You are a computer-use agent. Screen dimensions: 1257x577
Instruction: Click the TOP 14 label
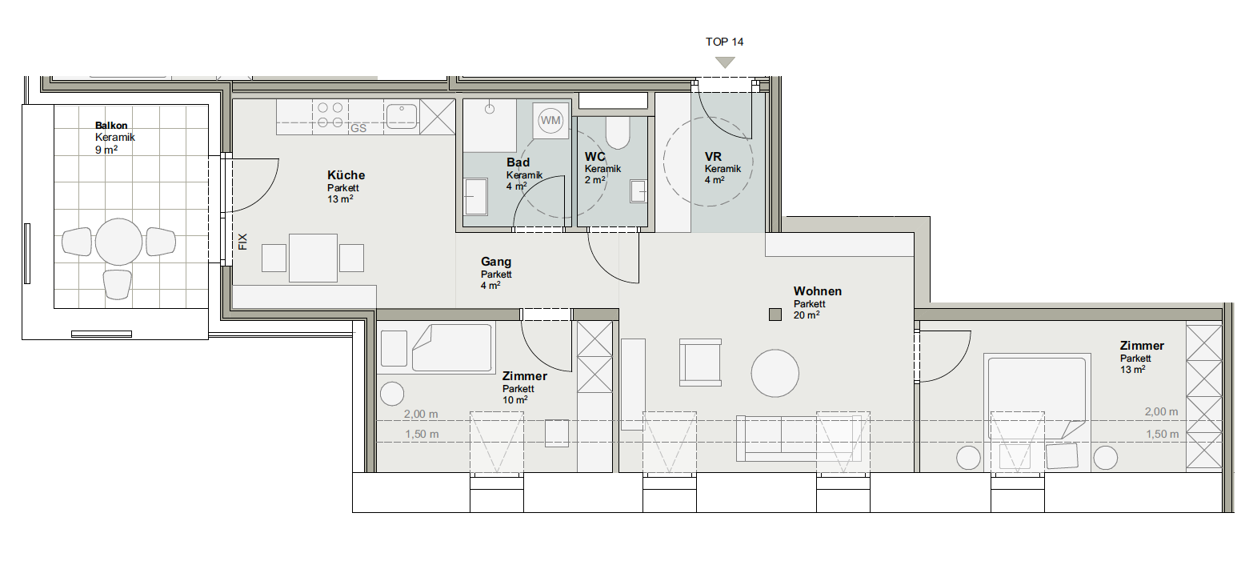point(724,42)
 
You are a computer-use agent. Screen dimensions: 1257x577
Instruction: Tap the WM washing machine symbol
point(550,120)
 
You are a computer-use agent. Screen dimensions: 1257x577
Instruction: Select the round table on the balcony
point(118,242)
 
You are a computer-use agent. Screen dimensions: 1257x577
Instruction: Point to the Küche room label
point(346,175)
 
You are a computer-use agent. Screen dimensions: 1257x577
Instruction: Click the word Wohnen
point(818,291)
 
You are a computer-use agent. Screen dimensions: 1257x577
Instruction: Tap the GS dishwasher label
point(358,129)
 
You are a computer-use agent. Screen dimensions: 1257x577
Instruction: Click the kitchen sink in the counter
point(402,116)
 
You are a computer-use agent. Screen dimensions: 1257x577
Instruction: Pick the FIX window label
point(242,242)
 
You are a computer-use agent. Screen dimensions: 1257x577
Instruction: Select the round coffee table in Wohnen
point(775,373)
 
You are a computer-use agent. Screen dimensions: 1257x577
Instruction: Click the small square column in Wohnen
point(775,315)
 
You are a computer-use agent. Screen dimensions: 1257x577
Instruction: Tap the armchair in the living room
point(700,362)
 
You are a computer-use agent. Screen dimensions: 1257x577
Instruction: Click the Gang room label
point(496,262)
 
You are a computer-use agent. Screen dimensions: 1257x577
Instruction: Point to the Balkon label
point(111,125)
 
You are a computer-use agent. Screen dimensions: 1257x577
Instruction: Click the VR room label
point(713,157)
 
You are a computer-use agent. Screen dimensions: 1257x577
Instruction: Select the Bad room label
point(518,162)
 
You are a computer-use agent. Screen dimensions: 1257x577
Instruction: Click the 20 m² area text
point(807,315)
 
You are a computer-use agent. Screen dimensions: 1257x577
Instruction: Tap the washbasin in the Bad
point(476,196)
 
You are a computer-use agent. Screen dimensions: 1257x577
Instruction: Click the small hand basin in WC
point(639,190)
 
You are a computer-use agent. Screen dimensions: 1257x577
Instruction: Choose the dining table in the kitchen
point(313,258)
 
